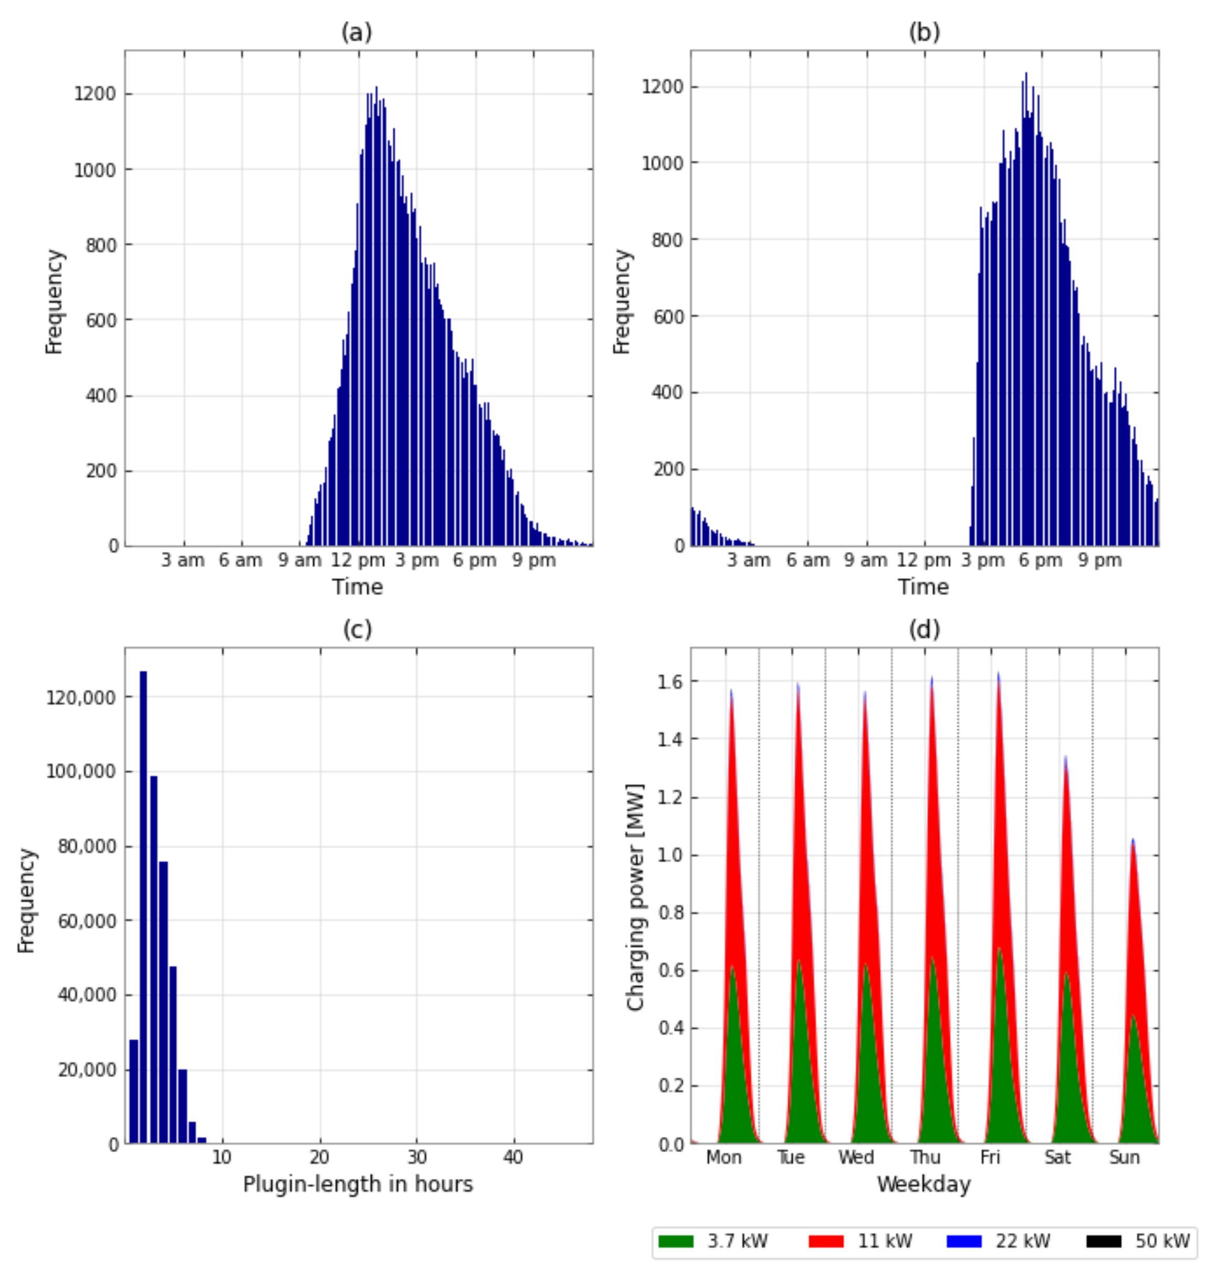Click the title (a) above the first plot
click(356, 33)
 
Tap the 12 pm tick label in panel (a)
click(358, 560)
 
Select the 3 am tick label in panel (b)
click(749, 560)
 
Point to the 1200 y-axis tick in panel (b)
click(662, 87)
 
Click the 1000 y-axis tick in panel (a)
click(95, 170)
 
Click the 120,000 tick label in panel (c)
click(80, 697)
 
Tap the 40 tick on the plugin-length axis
click(513, 1157)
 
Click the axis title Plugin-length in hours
click(358, 1184)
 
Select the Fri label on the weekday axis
click(990, 1157)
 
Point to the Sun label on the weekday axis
click(1124, 1157)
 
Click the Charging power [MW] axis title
click(635, 897)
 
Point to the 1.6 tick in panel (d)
click(670, 681)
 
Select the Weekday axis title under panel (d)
click(923, 1184)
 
